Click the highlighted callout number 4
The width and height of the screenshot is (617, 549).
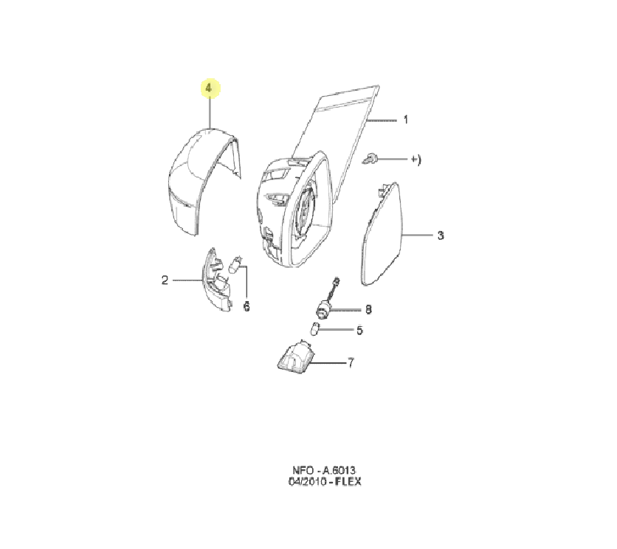pyautogui.click(x=209, y=88)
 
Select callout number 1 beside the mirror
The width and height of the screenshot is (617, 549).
pyautogui.click(x=406, y=120)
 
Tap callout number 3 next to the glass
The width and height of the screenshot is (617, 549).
pyautogui.click(x=441, y=235)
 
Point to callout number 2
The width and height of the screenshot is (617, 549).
pyautogui.click(x=165, y=280)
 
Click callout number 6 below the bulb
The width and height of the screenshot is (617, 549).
pyautogui.click(x=247, y=306)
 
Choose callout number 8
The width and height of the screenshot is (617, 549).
pyautogui.click(x=368, y=309)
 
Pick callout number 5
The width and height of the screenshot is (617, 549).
pyautogui.click(x=359, y=330)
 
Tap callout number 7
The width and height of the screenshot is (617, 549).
pyautogui.click(x=351, y=362)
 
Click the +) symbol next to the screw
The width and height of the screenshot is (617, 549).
pyautogui.click(x=416, y=159)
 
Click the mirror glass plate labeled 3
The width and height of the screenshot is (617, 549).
pyautogui.click(x=382, y=234)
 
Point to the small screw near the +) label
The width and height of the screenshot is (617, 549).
pyautogui.click(x=369, y=159)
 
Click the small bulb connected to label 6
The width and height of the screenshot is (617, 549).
pyautogui.click(x=235, y=264)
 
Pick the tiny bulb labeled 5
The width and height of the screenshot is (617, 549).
pyautogui.click(x=315, y=328)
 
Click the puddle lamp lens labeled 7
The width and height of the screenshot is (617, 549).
pyautogui.click(x=295, y=357)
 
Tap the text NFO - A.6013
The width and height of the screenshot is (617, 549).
pyautogui.click(x=324, y=470)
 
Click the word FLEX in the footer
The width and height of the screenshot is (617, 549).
pyautogui.click(x=348, y=481)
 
